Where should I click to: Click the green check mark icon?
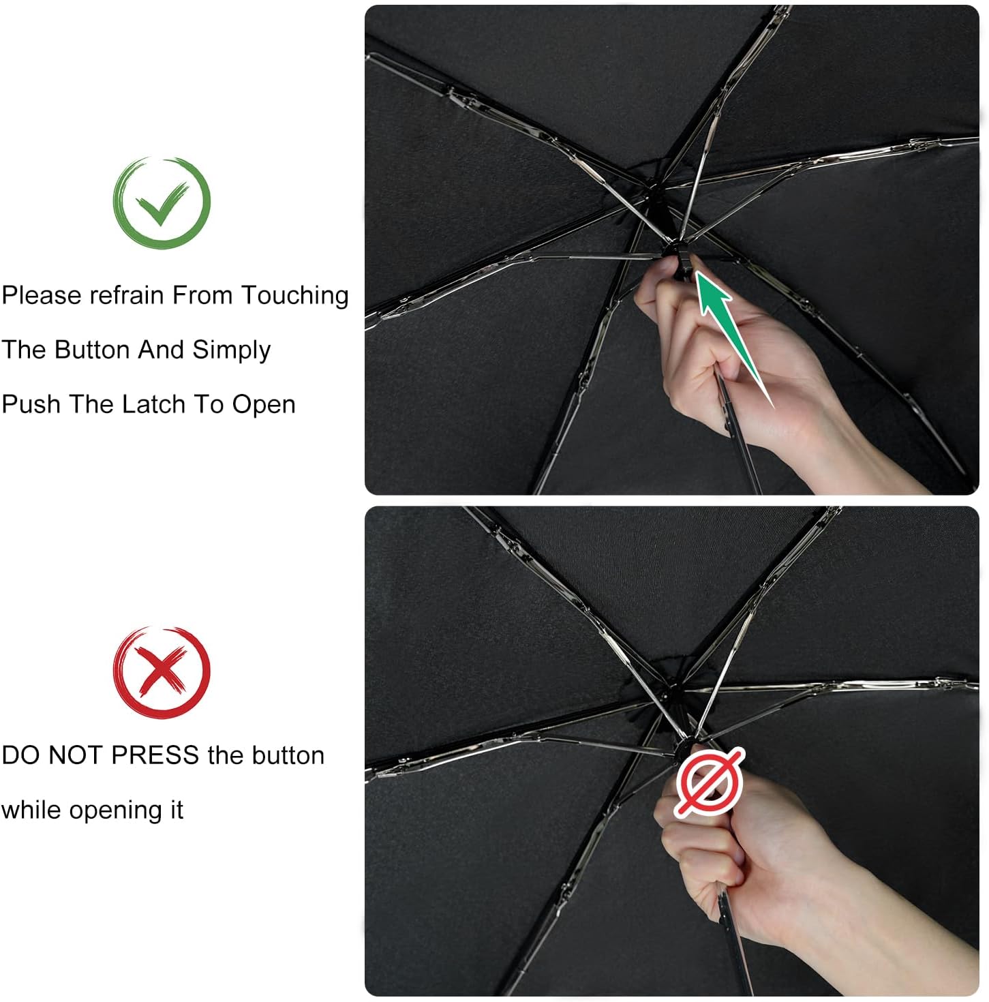(162, 202)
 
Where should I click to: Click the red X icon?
(162, 671)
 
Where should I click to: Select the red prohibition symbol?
(710, 781)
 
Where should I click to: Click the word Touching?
(294, 295)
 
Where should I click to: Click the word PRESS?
(155, 755)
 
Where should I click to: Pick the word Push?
(31, 404)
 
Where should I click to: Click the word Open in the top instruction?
(263, 405)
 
